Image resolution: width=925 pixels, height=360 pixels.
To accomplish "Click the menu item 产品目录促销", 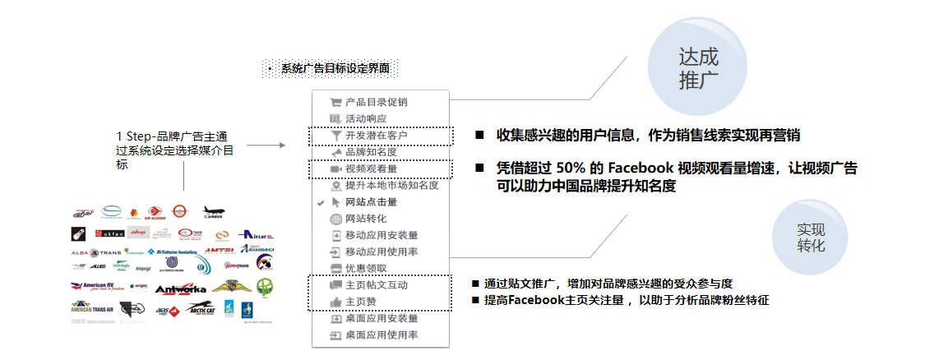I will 376,103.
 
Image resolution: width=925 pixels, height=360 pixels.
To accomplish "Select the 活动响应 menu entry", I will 366,119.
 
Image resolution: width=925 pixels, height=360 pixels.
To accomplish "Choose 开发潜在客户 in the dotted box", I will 376,136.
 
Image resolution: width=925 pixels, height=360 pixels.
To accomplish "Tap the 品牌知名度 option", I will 371,152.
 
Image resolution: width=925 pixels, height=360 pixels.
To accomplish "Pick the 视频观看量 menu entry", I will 371,169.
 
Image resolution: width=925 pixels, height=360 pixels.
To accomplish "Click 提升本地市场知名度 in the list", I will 391,186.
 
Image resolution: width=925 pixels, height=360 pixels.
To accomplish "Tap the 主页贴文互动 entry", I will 376,285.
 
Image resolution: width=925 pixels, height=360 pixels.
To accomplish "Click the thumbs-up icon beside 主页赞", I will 335,302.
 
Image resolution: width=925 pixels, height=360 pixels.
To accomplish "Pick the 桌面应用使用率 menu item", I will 382,335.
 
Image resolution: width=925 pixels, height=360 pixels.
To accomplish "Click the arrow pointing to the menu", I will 265,145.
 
